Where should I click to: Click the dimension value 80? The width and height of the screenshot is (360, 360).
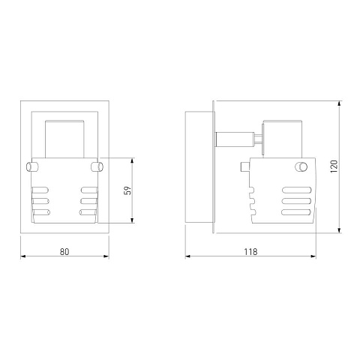click(64, 252)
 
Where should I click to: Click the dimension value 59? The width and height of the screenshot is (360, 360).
click(127, 190)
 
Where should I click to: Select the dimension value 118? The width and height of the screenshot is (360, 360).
click(250, 252)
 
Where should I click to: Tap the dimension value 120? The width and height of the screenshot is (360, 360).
click(334, 166)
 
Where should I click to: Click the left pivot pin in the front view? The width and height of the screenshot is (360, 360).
click(32, 166)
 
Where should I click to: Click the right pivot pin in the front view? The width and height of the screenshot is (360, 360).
click(97, 166)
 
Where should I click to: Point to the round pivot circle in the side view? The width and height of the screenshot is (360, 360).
click(301, 166)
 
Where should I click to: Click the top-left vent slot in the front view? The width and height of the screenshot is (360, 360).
click(40, 190)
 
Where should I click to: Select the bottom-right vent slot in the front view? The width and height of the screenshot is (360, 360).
click(88, 212)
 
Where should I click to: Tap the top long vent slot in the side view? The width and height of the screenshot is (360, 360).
click(297, 190)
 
